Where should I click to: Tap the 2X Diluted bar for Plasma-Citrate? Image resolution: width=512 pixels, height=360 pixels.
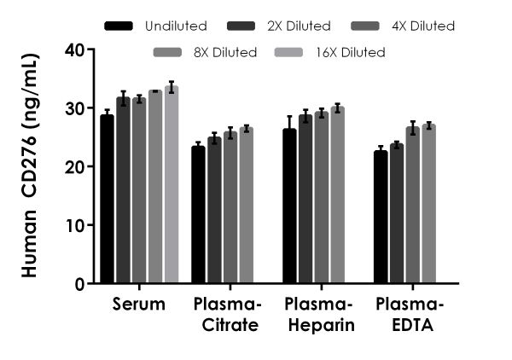coord(214,210)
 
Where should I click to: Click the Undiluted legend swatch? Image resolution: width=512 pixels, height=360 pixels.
coord(119,26)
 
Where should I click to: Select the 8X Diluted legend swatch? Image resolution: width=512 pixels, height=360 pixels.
coord(167,53)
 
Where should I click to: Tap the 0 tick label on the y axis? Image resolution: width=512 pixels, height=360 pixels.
coord(78,284)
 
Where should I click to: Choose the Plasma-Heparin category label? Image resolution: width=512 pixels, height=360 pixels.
coord(313,315)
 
